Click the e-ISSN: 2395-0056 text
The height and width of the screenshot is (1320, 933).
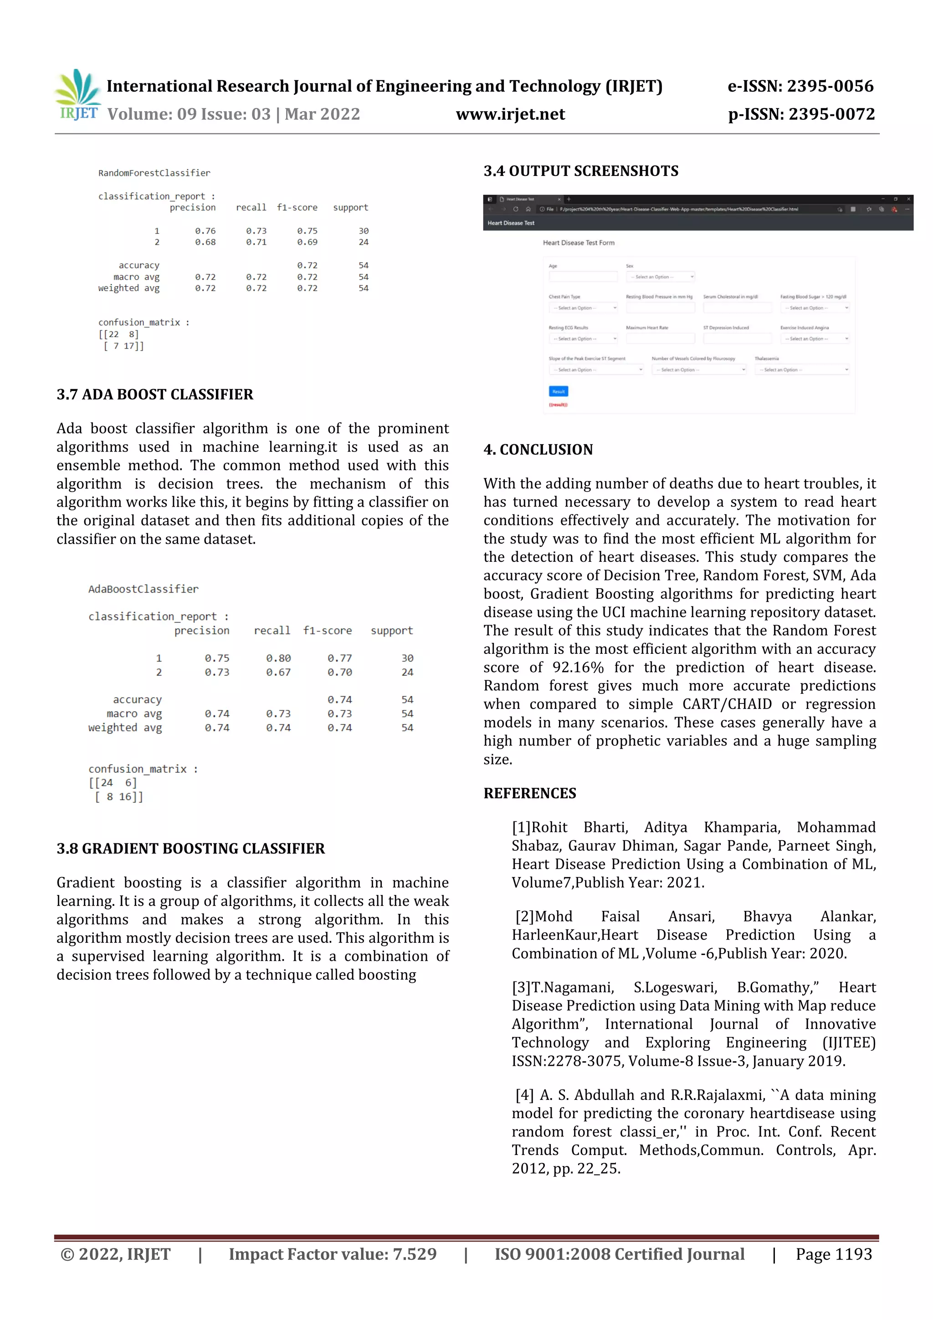tap(800, 86)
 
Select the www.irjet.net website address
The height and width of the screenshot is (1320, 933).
tap(510, 114)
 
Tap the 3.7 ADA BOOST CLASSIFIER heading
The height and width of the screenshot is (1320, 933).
tap(154, 395)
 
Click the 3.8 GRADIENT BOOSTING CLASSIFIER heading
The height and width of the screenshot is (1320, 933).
tap(190, 848)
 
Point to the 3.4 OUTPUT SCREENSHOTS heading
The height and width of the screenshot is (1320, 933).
tap(580, 171)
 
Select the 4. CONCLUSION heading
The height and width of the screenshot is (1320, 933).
tap(538, 450)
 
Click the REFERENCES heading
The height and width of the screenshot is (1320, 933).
tap(529, 793)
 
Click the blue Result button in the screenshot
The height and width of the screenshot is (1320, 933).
tap(558, 391)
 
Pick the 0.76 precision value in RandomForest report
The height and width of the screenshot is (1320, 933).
tap(205, 231)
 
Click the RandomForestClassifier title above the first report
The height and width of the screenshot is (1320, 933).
tap(154, 173)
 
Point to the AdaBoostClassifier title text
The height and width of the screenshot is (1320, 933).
tap(143, 589)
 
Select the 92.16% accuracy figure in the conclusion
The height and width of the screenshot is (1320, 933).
tap(578, 668)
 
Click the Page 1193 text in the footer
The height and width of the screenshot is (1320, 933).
tap(834, 1254)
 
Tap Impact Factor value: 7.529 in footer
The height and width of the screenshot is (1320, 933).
tap(332, 1254)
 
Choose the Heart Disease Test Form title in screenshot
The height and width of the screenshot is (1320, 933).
tap(578, 242)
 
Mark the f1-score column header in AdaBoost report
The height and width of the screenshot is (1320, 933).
tap(327, 631)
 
